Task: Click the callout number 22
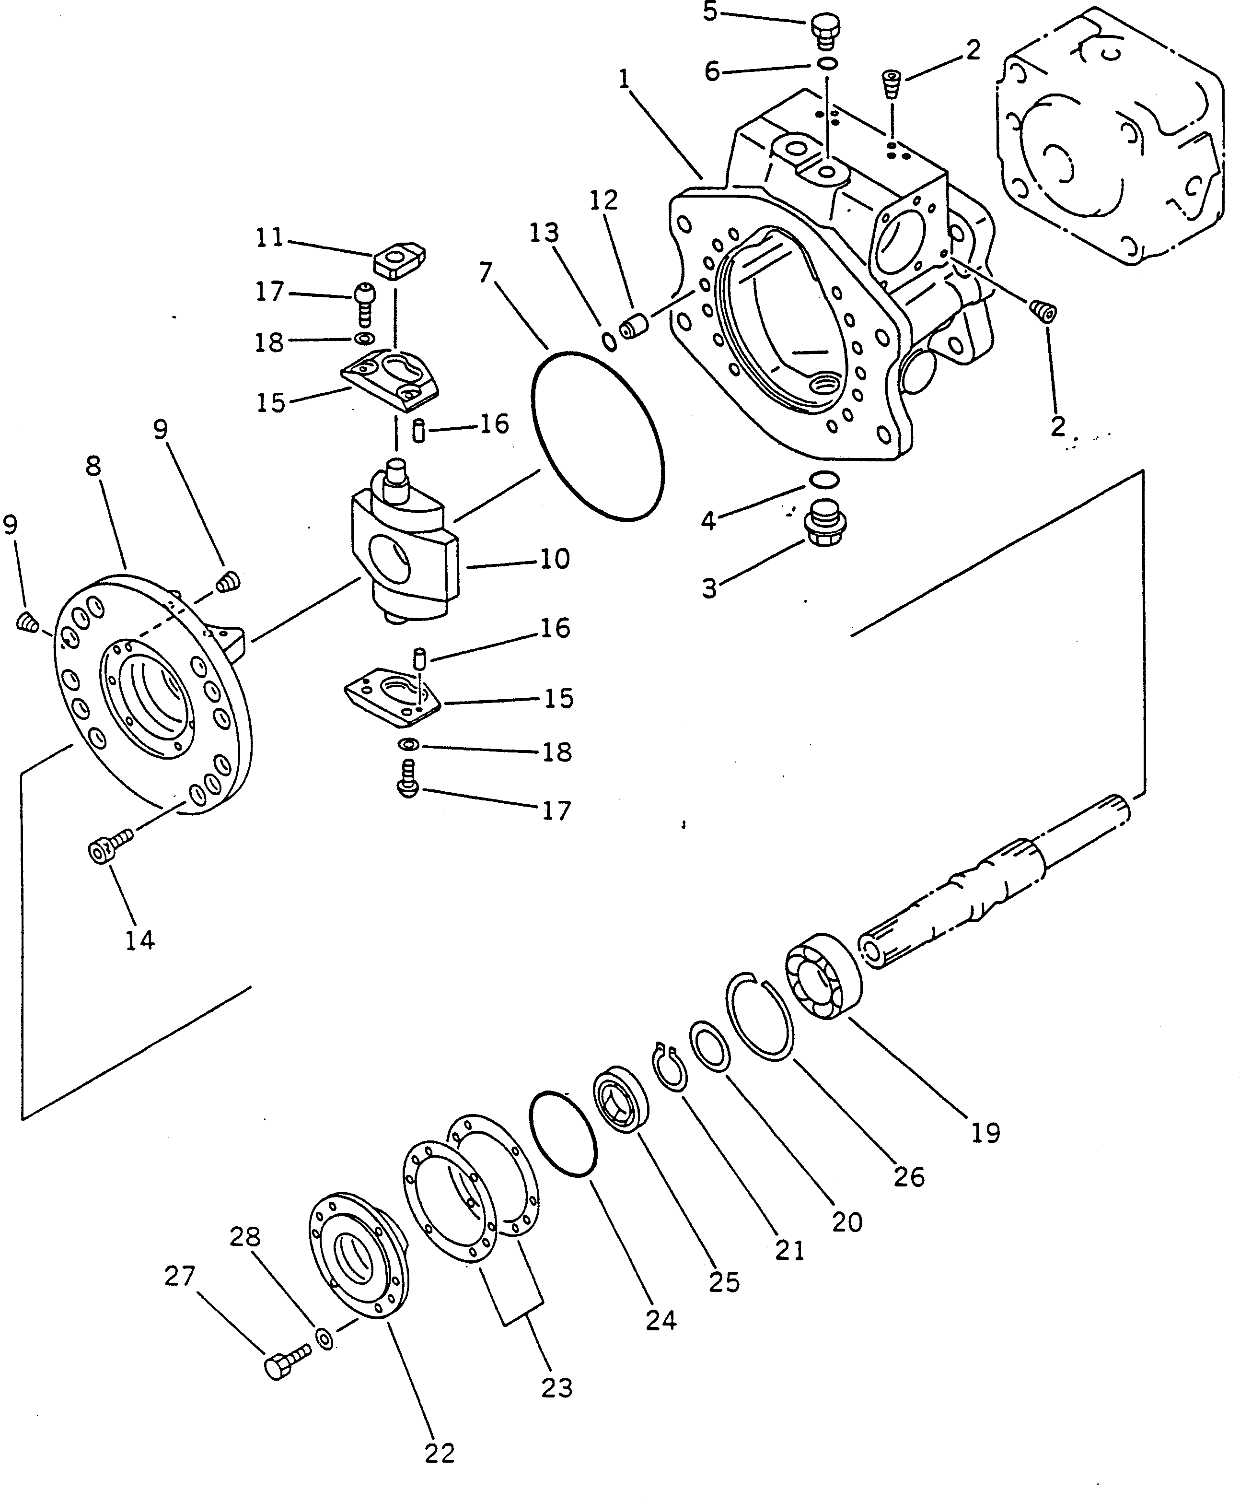click(439, 1454)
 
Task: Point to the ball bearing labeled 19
click(823, 976)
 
